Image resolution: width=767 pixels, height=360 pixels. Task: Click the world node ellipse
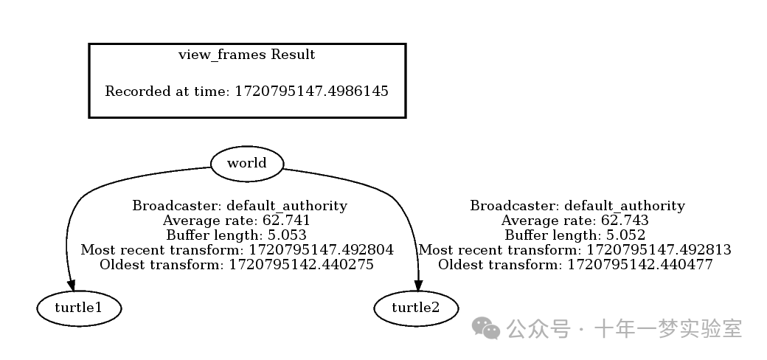246,163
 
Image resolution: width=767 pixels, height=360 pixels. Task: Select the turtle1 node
78,308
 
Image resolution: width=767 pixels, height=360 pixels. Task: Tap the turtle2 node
416,308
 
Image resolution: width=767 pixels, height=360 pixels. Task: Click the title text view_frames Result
247,55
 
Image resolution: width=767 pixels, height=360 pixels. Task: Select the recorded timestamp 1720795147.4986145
311,91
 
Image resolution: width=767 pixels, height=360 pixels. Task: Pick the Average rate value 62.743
625,221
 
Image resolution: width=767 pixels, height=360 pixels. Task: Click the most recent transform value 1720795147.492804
321,250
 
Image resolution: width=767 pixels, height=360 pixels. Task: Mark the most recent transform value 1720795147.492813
659,250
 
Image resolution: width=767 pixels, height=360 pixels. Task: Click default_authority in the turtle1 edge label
286,206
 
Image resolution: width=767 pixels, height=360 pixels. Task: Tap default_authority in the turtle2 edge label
624,206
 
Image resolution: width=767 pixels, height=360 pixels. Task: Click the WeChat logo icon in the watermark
487,329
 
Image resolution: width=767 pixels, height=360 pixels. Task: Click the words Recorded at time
167,91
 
